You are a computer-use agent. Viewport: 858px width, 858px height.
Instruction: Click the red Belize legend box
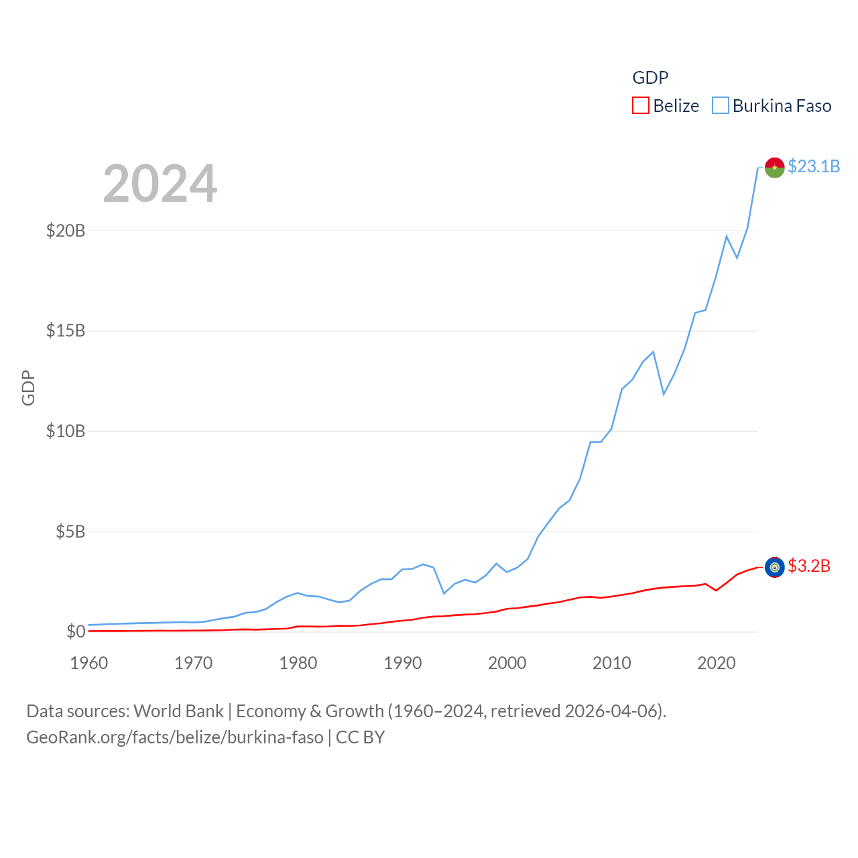coord(641,106)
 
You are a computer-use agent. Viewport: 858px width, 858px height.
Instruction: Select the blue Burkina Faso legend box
coord(720,106)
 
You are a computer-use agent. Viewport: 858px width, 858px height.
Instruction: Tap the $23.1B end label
coord(814,166)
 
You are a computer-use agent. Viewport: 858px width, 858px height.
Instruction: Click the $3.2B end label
coord(809,566)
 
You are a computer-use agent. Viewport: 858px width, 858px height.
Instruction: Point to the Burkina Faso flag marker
coord(775,168)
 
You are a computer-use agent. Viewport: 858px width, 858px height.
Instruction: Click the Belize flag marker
coord(775,568)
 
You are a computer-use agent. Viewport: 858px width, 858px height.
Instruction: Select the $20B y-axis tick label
coord(66,231)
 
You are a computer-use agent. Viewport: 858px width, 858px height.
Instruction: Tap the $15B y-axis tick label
coord(66,331)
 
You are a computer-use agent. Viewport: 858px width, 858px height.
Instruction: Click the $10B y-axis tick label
coord(66,431)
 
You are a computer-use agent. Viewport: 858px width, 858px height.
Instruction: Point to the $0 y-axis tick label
coord(76,631)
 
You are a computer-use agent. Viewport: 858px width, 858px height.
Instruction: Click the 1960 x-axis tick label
coord(89,664)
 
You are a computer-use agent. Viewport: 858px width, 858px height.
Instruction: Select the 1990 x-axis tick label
coord(403,664)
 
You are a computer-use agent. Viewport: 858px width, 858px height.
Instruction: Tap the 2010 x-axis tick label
coord(612,664)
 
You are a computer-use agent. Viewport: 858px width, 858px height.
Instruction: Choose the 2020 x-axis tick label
coord(717,664)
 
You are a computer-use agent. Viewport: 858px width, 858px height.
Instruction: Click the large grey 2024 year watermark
coord(160,184)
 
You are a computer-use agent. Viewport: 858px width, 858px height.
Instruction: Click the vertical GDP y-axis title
coord(28,387)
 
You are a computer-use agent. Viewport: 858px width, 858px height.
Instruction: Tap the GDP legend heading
coord(650,78)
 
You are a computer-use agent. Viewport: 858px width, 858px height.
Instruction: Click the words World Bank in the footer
coord(178,711)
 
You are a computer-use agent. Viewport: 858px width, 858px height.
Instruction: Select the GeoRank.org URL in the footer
coord(175,737)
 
